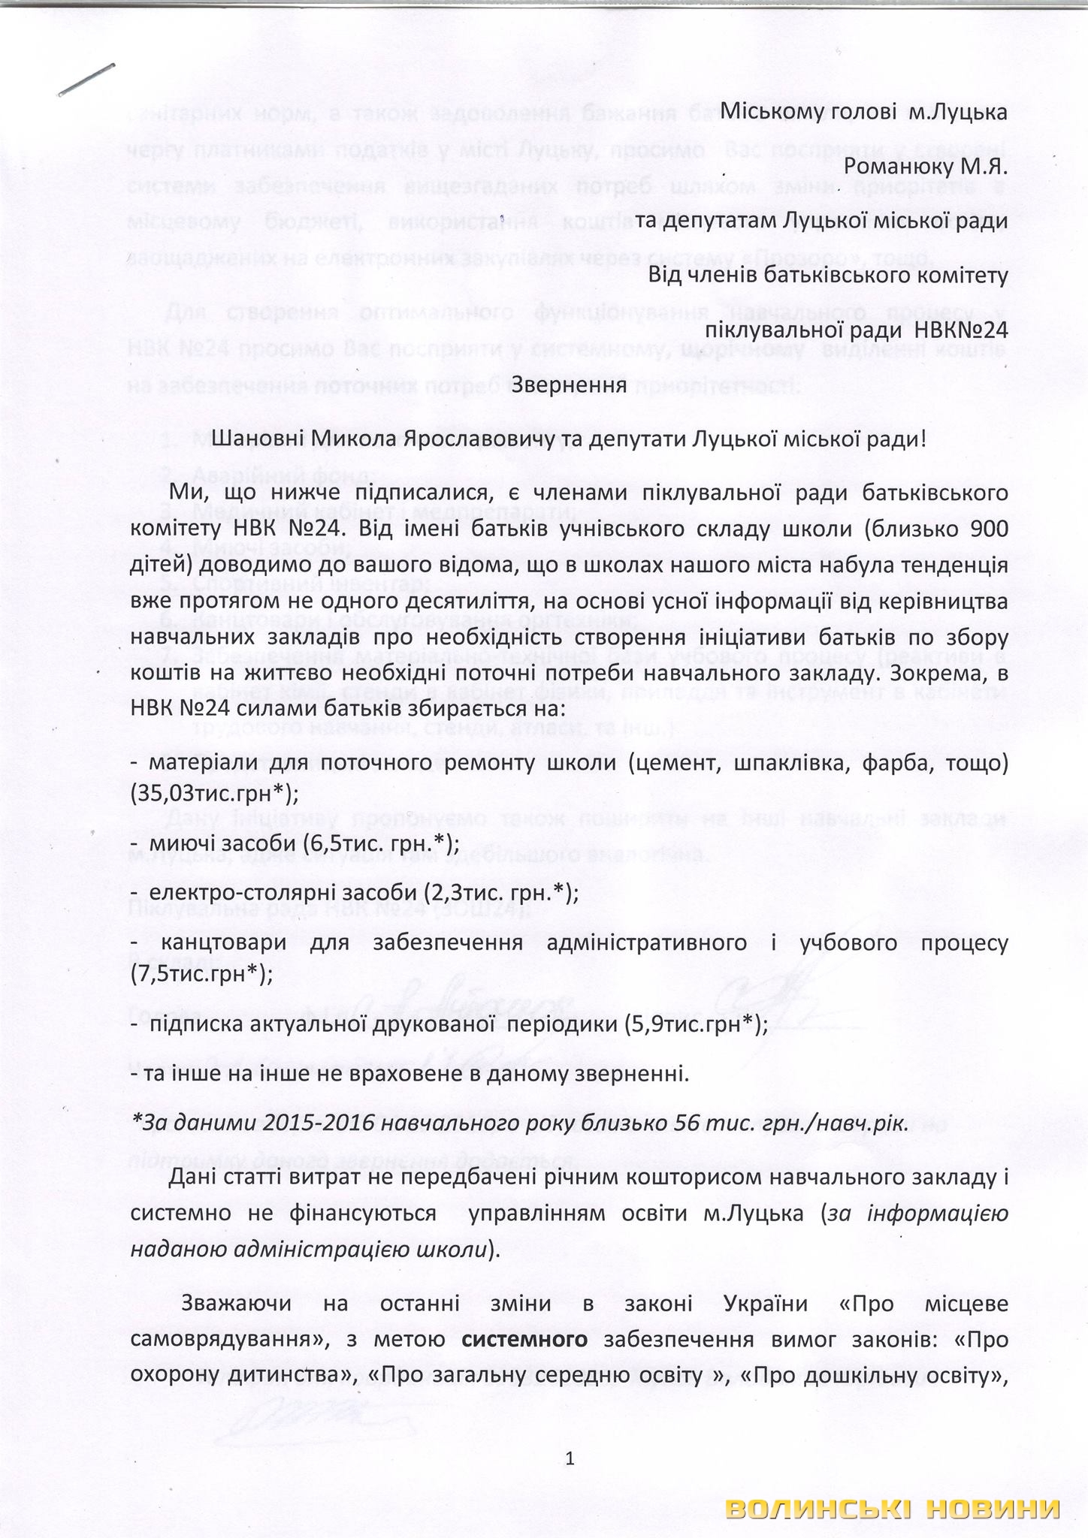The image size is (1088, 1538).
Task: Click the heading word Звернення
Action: (569, 385)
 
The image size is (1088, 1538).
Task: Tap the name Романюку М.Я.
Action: (926, 167)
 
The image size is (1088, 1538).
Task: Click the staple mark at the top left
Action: (86, 79)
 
